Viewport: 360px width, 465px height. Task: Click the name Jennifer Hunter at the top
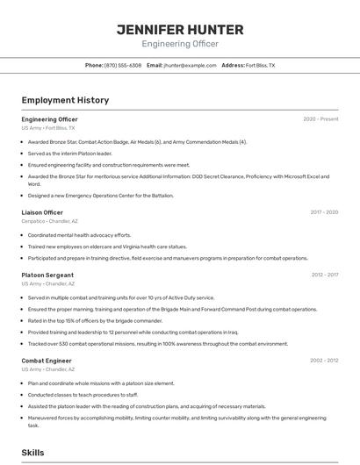click(x=179, y=30)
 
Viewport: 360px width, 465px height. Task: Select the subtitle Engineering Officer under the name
click(x=179, y=44)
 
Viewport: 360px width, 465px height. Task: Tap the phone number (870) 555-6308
click(x=123, y=65)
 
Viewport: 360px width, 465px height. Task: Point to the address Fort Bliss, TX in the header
click(x=260, y=65)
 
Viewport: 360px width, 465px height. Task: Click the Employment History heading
click(x=65, y=100)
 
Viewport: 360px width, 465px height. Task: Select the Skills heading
click(x=33, y=453)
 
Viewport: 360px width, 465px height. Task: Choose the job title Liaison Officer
click(x=42, y=212)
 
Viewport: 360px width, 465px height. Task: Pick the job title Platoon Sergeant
click(x=47, y=275)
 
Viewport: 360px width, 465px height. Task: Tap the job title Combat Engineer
click(x=47, y=361)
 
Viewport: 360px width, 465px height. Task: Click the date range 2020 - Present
click(x=320, y=118)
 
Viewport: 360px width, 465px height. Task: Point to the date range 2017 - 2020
click(x=324, y=212)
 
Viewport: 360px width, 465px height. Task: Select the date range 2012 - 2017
click(x=324, y=275)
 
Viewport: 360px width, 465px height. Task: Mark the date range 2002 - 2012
click(x=324, y=361)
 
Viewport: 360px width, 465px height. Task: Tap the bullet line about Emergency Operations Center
click(x=101, y=196)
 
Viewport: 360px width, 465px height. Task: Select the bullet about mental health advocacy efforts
click(x=79, y=235)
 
